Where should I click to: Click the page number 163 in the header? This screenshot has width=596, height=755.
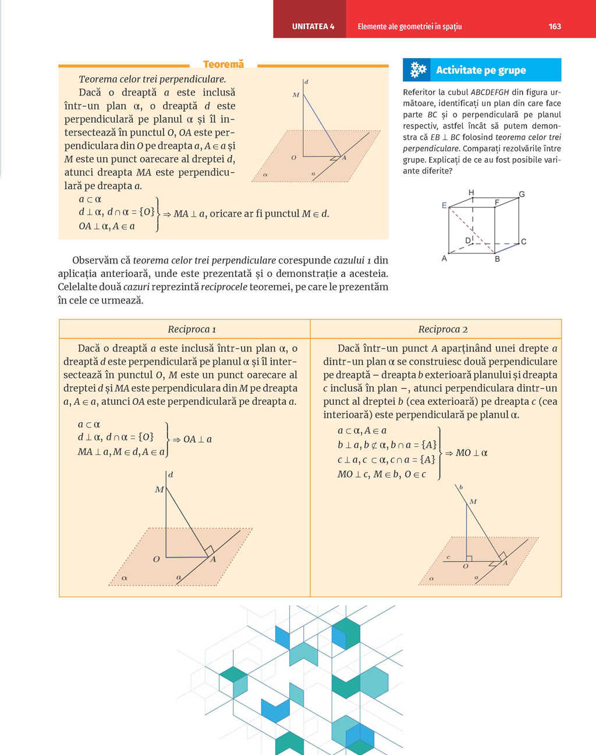555,26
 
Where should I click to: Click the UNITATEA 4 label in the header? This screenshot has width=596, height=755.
313,26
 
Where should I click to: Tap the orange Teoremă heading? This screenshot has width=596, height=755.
223,64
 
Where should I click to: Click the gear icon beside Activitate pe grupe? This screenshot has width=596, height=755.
418,70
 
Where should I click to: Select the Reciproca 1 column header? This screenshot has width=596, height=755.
191,329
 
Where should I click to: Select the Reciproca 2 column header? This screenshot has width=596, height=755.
443,329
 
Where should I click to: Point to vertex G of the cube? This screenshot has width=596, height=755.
521,194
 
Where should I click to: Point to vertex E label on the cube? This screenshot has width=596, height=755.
444,205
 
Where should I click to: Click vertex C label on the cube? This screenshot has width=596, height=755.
524,241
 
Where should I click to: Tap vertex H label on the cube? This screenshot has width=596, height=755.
471,193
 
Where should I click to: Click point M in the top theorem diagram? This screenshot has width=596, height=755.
296,95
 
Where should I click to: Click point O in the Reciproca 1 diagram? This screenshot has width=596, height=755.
156,559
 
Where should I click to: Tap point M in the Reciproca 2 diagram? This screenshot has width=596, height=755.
473,501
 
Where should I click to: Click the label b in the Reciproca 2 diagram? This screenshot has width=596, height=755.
461,487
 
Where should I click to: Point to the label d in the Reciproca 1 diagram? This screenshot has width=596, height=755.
171,475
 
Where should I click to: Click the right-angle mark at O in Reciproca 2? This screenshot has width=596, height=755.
469,559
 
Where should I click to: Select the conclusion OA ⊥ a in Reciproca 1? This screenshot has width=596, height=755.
197,439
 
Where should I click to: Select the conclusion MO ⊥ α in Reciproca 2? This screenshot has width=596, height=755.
471,453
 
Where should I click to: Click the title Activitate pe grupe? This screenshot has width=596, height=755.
481,70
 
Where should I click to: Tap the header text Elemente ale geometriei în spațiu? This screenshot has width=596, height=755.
409,26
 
